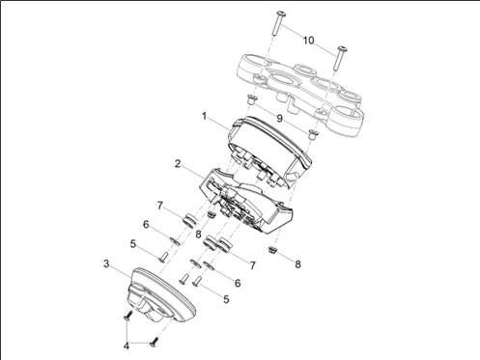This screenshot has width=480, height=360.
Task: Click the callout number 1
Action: (x=204, y=116)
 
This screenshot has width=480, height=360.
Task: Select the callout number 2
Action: (x=178, y=164)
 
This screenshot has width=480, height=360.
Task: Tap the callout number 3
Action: (x=106, y=263)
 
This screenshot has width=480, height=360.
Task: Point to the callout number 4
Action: (x=127, y=346)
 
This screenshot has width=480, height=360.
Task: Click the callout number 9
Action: (x=279, y=119)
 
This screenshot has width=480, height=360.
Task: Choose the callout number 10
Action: (x=308, y=41)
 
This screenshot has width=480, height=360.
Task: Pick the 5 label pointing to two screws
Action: (x=226, y=299)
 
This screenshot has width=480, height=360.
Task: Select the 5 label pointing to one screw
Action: (x=133, y=244)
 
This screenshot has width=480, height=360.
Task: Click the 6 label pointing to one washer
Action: (x=146, y=224)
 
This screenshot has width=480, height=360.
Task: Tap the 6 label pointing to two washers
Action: (x=238, y=283)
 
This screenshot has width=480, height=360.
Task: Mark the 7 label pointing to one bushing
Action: (x=160, y=206)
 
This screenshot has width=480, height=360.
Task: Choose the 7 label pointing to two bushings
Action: (x=253, y=265)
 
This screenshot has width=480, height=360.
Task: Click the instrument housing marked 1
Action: (x=269, y=152)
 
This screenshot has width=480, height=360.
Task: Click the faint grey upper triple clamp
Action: (x=299, y=94)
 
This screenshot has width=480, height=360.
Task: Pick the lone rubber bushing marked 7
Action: (x=189, y=221)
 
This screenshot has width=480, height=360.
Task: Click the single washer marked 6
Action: (x=175, y=241)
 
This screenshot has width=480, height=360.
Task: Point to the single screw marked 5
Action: (x=162, y=257)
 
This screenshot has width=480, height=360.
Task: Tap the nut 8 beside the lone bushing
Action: (x=212, y=214)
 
